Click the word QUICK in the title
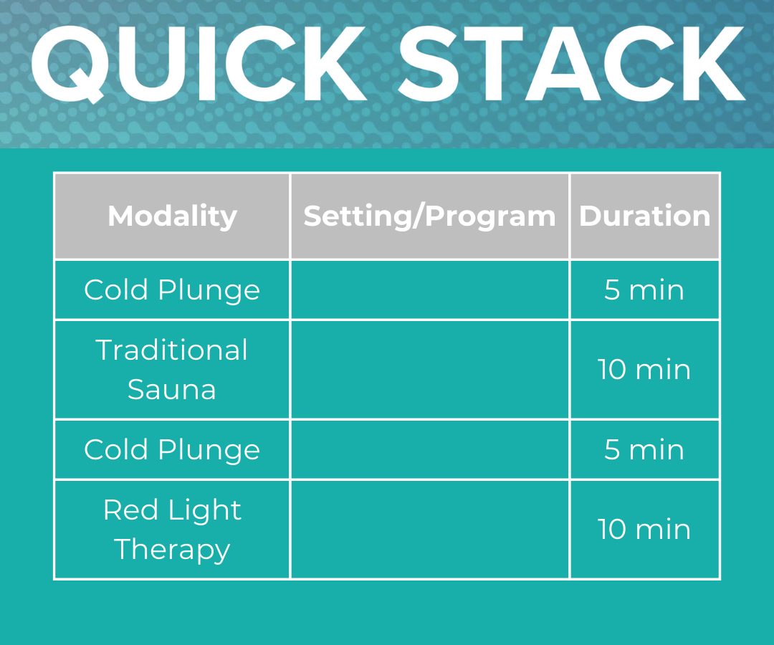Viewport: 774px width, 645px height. [197, 66]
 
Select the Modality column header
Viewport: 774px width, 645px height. [172, 216]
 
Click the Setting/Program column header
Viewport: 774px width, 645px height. [429, 216]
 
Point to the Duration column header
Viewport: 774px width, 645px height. [644, 216]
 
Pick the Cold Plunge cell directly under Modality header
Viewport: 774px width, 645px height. [172, 290]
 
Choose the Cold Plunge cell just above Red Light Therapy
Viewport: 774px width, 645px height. [172, 450]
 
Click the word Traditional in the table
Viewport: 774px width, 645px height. [172, 350]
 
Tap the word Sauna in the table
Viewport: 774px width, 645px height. [172, 389]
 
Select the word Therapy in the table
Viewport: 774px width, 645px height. [172, 550]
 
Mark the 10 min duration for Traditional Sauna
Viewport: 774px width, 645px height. [644, 370]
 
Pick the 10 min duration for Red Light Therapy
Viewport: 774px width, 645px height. [644, 530]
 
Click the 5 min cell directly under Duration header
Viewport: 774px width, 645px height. [644, 290]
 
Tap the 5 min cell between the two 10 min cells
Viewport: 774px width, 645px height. [644, 450]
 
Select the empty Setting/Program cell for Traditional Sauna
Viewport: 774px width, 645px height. [429, 370]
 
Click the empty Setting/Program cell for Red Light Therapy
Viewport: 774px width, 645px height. [429, 530]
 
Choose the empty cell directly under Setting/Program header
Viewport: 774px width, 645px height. [429, 290]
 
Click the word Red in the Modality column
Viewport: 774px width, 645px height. [129, 510]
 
